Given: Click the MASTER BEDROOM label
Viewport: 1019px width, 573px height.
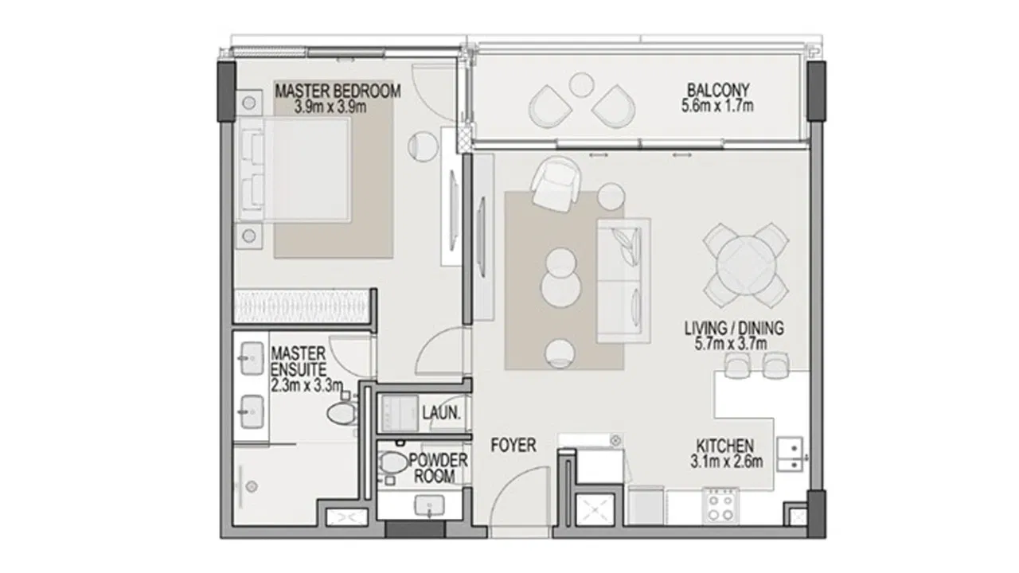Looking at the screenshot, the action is (338, 91).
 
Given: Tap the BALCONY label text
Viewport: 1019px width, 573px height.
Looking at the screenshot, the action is (718, 90).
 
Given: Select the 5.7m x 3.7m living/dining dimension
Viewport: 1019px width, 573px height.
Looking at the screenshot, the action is (731, 343).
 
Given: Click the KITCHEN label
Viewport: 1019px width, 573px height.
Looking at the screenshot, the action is (724, 445).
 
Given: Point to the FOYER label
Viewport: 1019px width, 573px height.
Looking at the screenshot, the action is (513, 445).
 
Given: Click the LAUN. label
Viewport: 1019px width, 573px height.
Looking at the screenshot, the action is (441, 413).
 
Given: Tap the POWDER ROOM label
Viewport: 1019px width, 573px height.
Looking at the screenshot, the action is (438, 469).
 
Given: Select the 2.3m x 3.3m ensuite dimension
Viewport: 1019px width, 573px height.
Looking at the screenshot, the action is (306, 386).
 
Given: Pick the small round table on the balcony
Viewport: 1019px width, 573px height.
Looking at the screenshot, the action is (581, 84).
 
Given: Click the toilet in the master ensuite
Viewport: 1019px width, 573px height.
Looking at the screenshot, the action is (342, 413).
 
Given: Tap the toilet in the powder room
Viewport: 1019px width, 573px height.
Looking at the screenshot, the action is (394, 463).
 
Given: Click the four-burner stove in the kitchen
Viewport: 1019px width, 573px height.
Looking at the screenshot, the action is (720, 505).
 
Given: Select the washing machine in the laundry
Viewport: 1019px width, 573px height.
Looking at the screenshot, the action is (400, 413).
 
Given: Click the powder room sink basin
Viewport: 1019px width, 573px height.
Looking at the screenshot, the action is (430, 505).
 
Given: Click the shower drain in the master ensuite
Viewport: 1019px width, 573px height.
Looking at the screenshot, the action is (252, 486).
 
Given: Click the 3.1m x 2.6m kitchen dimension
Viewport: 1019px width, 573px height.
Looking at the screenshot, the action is (727, 462).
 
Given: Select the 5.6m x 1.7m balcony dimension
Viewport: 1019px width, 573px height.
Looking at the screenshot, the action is (717, 106).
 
